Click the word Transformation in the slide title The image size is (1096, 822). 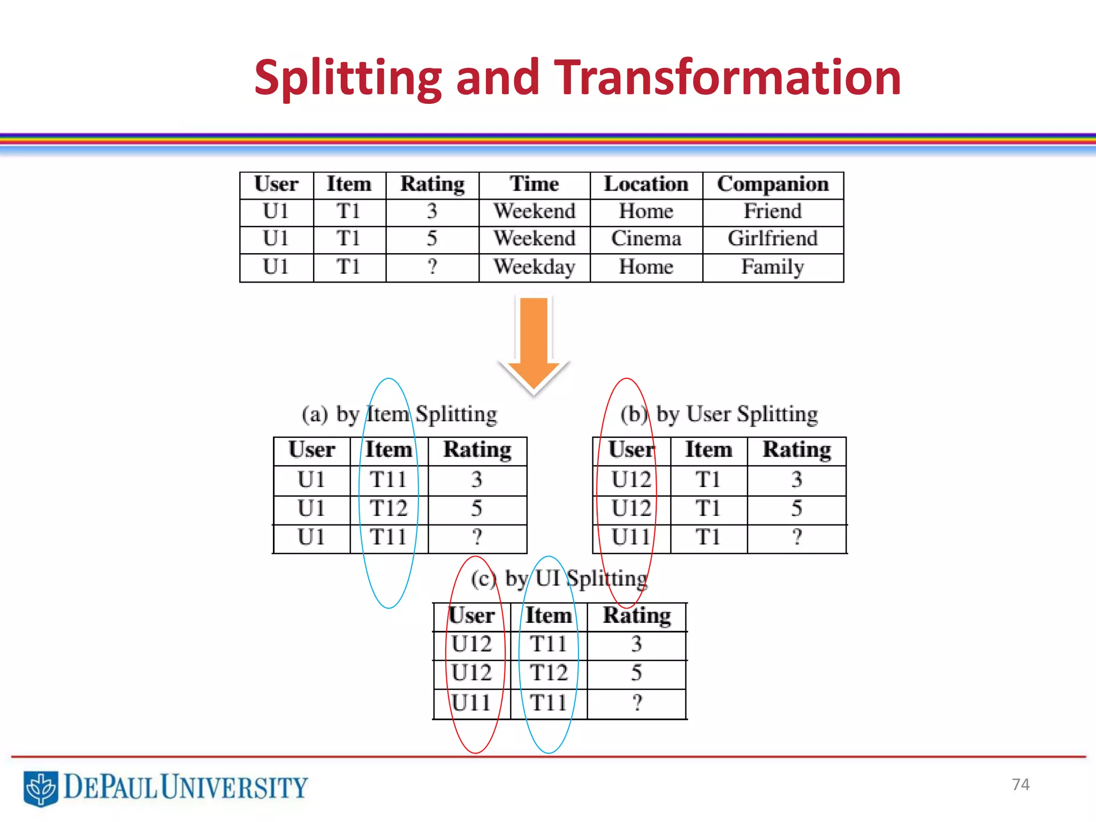click(x=727, y=78)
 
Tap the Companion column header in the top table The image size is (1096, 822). click(x=772, y=185)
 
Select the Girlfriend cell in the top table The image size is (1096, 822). click(x=772, y=239)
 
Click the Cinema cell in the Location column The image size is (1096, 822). click(x=646, y=239)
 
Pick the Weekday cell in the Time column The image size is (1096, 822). click(x=534, y=267)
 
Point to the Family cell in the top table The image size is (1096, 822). click(x=772, y=267)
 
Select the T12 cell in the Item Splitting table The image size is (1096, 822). click(x=389, y=508)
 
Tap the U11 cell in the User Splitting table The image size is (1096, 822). click(x=631, y=537)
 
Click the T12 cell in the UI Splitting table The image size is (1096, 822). click(x=549, y=673)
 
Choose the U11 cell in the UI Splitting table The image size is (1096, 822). click(x=471, y=703)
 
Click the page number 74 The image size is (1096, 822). click(x=1021, y=785)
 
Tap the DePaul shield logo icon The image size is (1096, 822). click(x=41, y=788)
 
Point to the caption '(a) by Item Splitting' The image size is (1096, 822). click(x=399, y=415)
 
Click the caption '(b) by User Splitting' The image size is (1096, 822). click(x=719, y=415)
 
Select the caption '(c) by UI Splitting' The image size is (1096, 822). click(x=559, y=579)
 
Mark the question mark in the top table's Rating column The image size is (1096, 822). click(x=432, y=267)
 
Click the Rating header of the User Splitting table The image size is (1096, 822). click(x=796, y=450)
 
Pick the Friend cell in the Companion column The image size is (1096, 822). click(x=772, y=211)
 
